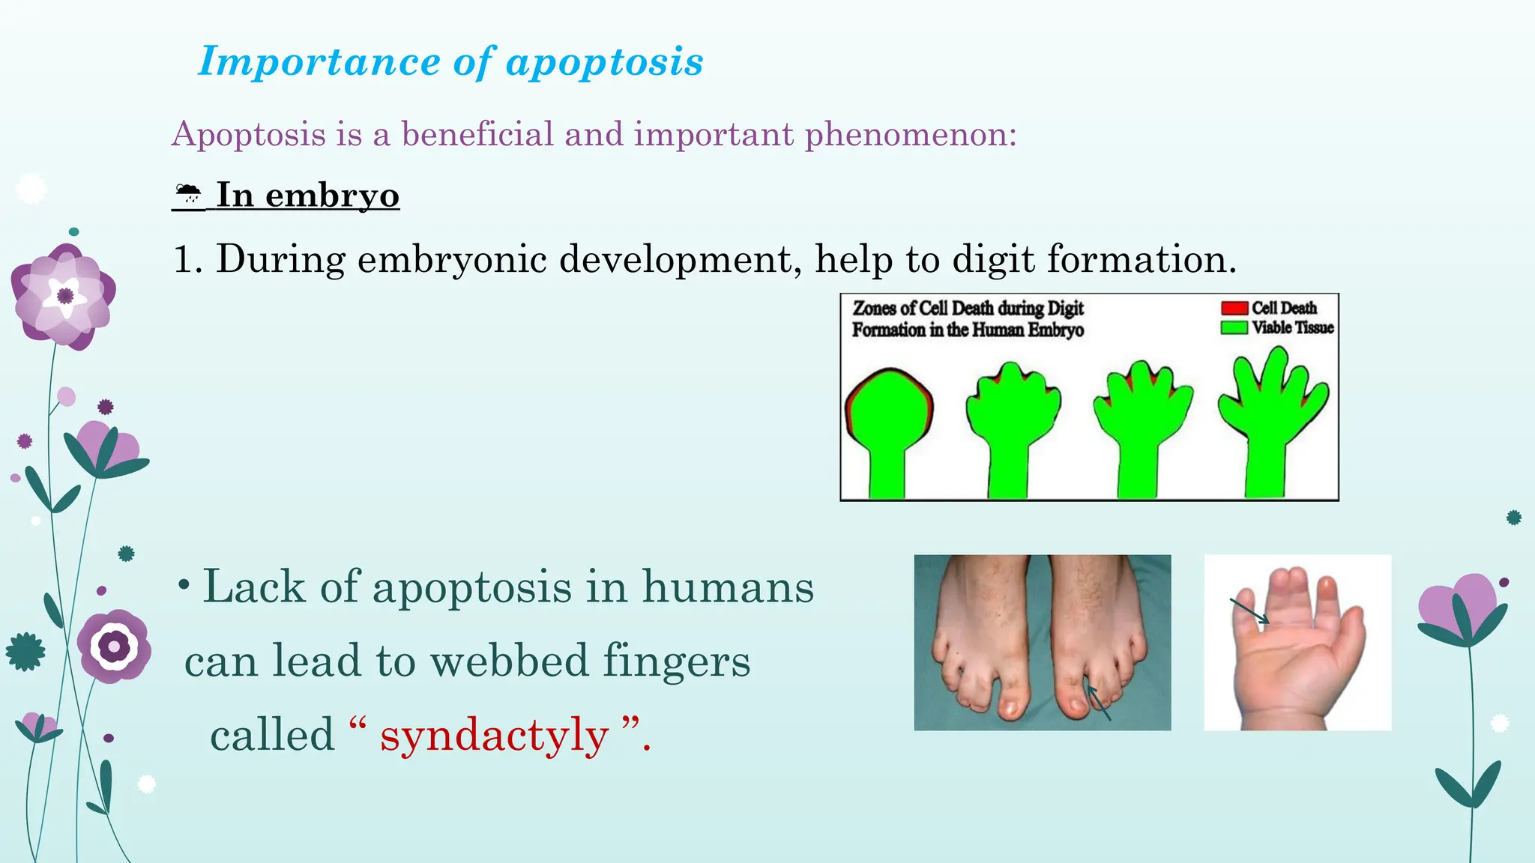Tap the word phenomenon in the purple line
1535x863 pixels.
coord(910,136)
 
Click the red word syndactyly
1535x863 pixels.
coord(494,736)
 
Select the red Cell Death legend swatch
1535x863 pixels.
coord(1234,308)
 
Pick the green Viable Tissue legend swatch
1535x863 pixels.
coord(1234,327)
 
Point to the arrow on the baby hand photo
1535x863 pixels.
coord(1250,611)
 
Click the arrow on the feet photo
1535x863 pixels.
coord(1098,703)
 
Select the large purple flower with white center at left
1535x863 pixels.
coord(64,297)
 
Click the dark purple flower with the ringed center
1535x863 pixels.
coord(114,646)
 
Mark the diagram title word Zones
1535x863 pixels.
coord(873,308)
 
